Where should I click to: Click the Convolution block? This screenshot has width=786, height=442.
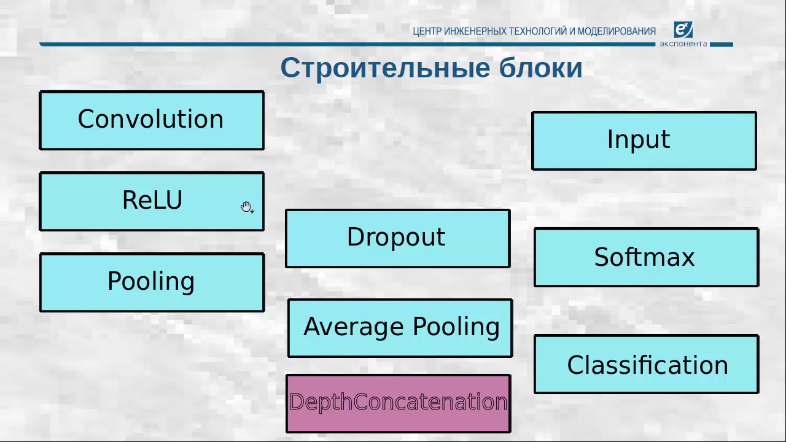152,120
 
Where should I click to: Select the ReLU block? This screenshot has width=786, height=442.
152,201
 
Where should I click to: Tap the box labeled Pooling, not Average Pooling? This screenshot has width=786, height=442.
152,282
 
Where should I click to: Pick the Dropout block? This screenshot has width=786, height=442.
397,238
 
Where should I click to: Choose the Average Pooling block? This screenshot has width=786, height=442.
400,328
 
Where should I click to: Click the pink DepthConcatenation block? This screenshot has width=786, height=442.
398,403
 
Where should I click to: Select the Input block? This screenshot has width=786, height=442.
644,141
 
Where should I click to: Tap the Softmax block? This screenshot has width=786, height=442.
646,257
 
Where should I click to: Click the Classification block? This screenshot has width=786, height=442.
646,364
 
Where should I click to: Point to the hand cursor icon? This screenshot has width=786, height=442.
246,207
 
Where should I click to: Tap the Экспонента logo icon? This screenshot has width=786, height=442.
683,29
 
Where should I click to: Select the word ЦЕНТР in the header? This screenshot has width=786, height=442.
427,31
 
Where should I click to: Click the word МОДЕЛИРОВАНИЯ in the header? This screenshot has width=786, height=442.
617,31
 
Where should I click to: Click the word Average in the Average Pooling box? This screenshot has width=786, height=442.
354,327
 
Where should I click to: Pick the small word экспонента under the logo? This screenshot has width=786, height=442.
683,44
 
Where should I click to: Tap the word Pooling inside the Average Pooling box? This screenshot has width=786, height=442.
456,327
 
